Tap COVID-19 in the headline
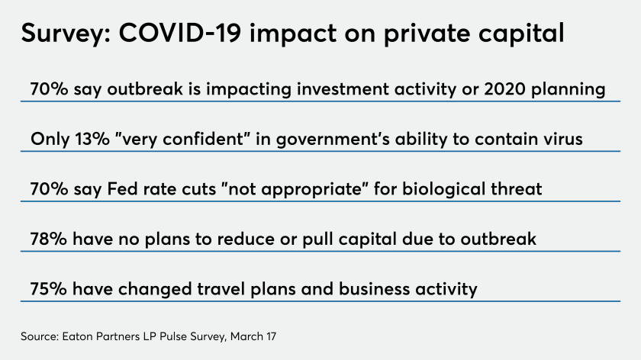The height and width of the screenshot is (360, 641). pyautogui.click(x=179, y=32)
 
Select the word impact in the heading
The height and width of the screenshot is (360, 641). pyautogui.click(x=293, y=34)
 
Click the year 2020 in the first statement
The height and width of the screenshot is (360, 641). pyautogui.click(x=504, y=89)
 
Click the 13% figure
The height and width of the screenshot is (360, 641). pyautogui.click(x=92, y=139)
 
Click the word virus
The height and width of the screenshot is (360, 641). pyautogui.click(x=563, y=139)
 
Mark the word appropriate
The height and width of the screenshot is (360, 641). pyautogui.click(x=311, y=190)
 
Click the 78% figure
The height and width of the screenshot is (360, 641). pyautogui.click(x=48, y=239)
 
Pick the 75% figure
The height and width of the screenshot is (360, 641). pyautogui.click(x=48, y=289)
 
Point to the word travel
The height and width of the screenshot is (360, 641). pyautogui.click(x=221, y=288)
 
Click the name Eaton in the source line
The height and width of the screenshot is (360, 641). pyautogui.click(x=76, y=336)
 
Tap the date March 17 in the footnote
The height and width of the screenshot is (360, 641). pyautogui.click(x=253, y=336)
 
